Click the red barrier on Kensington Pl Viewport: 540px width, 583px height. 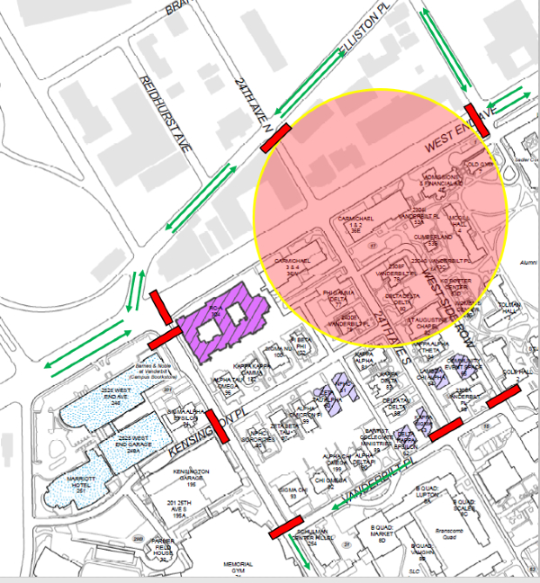pyautogui.click(x=217, y=427)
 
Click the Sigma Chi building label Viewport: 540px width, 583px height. pyautogui.click(x=294, y=491)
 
